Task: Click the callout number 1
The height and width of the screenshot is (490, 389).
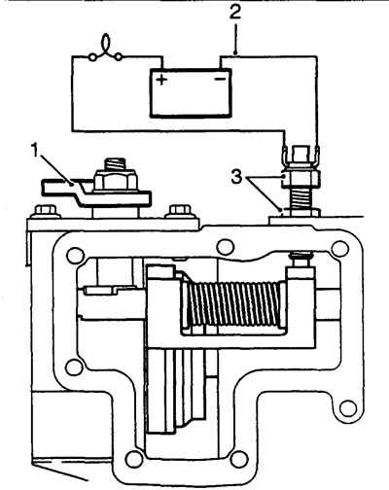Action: tap(36, 151)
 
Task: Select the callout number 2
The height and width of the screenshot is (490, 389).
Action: tap(235, 13)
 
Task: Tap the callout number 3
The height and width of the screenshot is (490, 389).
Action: tap(237, 177)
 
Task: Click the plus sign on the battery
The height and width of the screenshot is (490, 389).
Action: tap(161, 80)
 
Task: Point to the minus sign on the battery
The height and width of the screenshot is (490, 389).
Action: tap(220, 79)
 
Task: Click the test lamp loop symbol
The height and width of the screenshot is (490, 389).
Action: tap(106, 50)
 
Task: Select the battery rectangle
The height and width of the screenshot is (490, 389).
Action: tap(191, 92)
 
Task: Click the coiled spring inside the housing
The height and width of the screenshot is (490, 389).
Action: tap(233, 304)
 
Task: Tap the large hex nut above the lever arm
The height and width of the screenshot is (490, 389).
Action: tap(115, 181)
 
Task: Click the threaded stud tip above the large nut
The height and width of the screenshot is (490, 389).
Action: tap(115, 164)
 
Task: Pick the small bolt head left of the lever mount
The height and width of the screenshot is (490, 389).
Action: tap(46, 212)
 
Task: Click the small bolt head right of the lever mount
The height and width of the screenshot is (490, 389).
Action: tap(180, 212)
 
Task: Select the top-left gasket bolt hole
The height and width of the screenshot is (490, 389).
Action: tap(75, 256)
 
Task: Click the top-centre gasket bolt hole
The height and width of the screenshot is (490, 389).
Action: tap(226, 247)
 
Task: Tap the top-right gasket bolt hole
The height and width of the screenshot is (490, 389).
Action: tap(340, 249)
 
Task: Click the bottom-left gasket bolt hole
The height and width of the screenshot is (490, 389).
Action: tap(133, 458)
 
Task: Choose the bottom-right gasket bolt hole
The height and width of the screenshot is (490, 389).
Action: tap(239, 458)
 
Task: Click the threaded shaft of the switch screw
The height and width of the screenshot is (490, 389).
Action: tap(301, 198)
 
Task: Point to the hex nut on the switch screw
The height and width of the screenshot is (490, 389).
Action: tap(301, 179)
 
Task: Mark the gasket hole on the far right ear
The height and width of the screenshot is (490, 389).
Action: tap(348, 408)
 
